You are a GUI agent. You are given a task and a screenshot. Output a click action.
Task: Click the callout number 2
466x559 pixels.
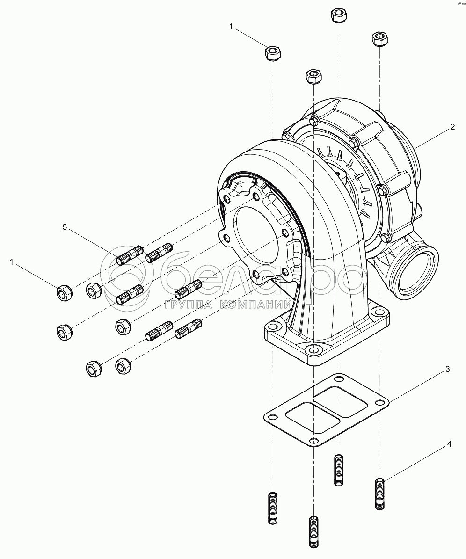coord(452,127)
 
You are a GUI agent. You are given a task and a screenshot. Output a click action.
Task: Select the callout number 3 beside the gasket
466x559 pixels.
coord(447,369)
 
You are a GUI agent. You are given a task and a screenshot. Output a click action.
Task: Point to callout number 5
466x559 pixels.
coord(66,227)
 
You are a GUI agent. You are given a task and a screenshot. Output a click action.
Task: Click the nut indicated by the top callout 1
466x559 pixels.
coord(273,53)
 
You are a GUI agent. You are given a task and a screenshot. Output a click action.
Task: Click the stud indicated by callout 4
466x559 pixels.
coord(380,494)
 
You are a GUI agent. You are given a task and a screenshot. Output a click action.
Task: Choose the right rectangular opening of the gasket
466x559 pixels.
coord(340,401)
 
